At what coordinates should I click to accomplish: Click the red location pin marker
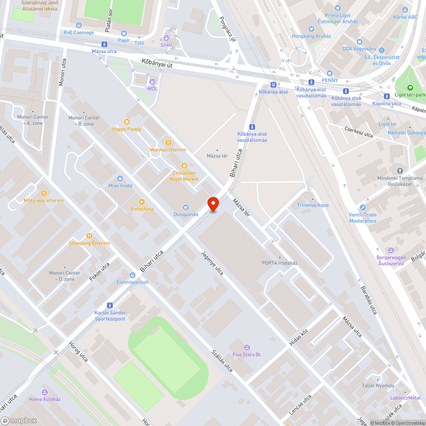coord(213,204)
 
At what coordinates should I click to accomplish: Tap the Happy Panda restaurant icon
coord(127,122)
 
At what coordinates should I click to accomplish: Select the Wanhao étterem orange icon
coord(168,143)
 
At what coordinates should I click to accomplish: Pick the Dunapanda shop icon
coord(186,207)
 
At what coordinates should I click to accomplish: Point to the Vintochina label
coord(142,209)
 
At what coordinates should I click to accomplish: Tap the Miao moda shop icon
coord(120,178)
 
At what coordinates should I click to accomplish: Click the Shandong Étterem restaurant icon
coord(89,236)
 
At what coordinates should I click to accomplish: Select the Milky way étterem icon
coord(43,193)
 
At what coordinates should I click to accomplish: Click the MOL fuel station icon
coord(153,81)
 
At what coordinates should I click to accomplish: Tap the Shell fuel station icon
coord(166,38)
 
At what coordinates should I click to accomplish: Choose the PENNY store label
coord(330,81)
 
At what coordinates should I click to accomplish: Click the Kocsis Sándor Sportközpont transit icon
coord(110,305)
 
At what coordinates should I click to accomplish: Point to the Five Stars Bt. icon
coord(247,348)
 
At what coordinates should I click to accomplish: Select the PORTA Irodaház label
coord(279,263)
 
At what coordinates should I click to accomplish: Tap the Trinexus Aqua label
coord(313,205)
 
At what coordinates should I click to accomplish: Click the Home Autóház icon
coord(45,392)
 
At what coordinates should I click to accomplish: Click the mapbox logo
coord(19,420)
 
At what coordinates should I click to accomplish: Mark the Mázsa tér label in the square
coord(217,156)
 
